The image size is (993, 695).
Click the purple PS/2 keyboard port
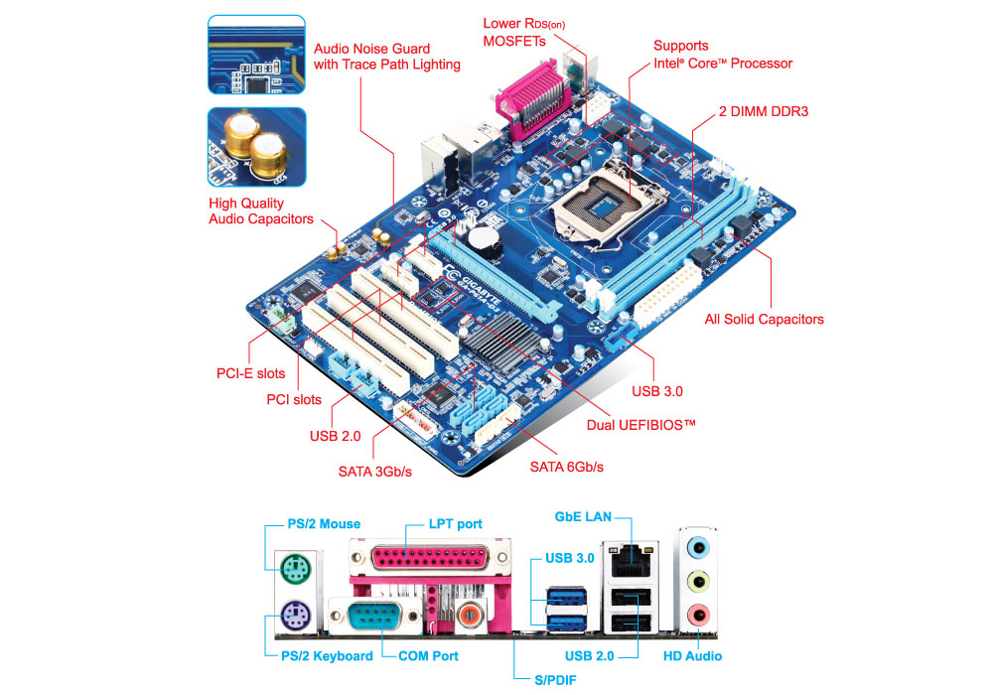(290, 617)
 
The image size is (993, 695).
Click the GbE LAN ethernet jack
(631, 560)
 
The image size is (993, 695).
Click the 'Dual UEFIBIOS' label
(640, 424)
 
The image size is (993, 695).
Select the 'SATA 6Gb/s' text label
(566, 466)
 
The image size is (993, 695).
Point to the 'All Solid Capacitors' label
(764, 319)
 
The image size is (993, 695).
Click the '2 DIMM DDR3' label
(763, 111)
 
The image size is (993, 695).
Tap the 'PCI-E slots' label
(250, 373)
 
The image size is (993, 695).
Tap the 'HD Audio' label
(692, 655)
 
